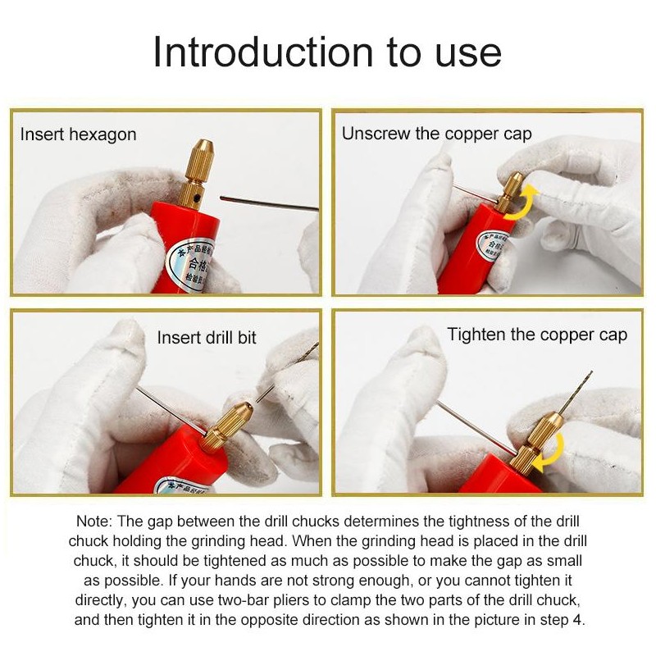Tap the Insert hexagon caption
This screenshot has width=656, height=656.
click(79, 134)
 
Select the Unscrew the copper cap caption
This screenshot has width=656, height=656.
click(436, 134)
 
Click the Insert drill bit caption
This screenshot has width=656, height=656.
click(207, 338)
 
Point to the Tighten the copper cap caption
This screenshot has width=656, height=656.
click(537, 335)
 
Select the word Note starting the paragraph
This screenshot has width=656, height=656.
click(95, 522)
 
